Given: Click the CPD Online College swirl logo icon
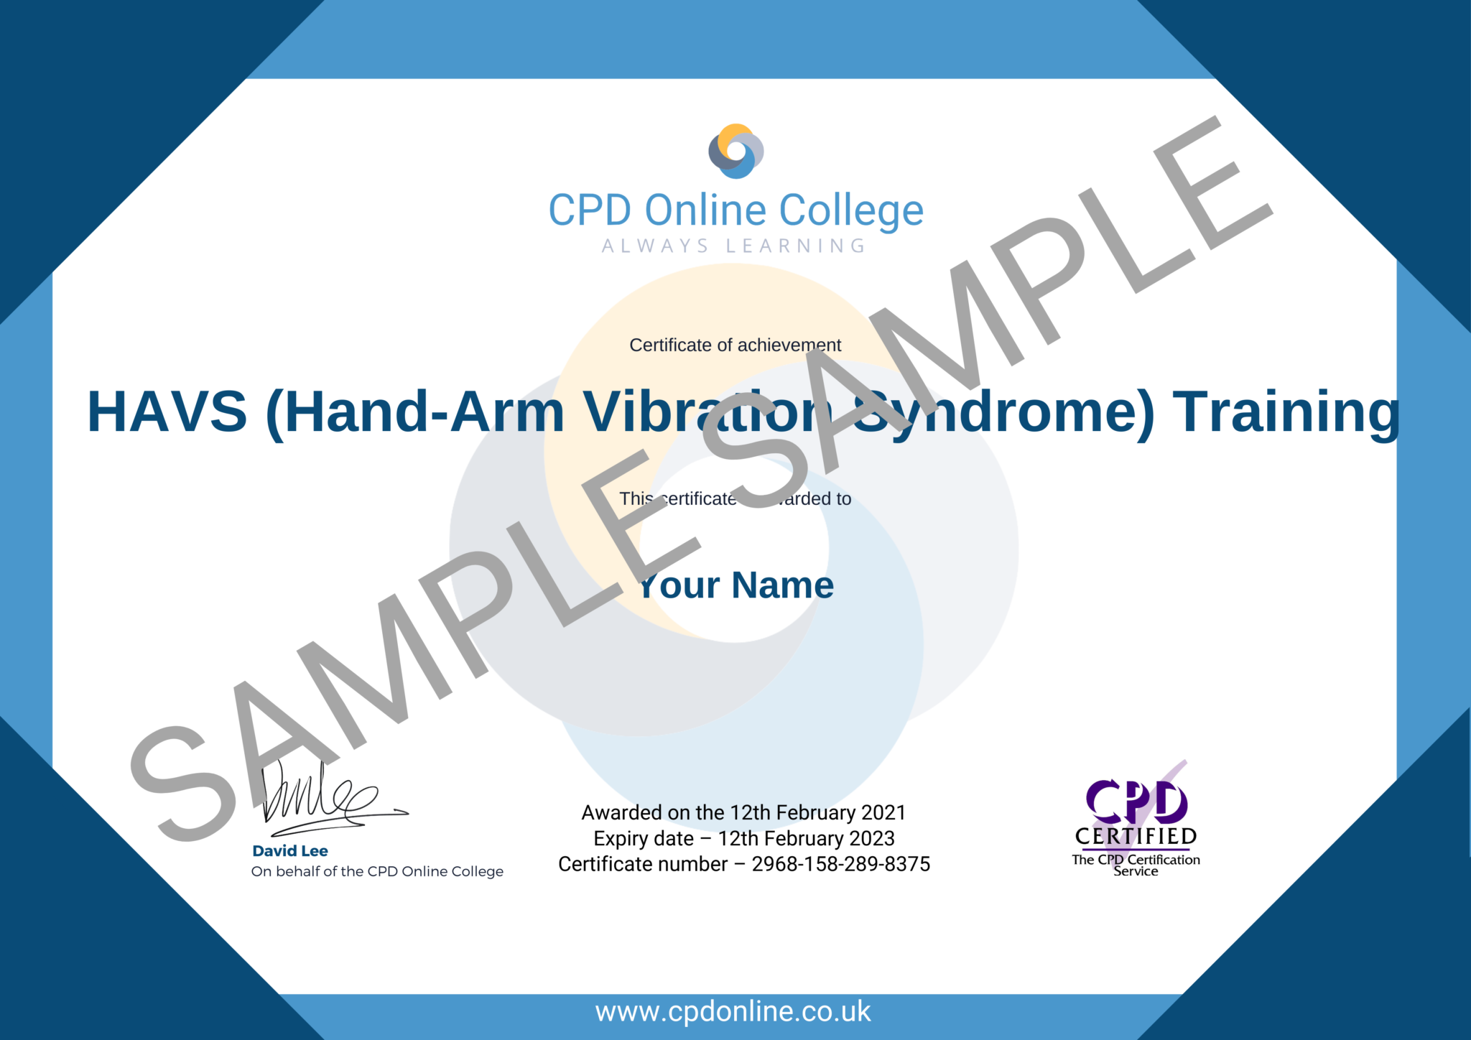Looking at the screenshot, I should click(735, 151).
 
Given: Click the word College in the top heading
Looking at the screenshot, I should click(851, 210).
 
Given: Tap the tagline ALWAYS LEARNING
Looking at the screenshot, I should click(734, 246).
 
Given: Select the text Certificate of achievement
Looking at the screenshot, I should click(735, 345).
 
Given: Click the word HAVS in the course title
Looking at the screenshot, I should click(167, 412).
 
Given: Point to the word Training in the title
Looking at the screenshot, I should click(1286, 412).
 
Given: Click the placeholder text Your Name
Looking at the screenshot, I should click(736, 585).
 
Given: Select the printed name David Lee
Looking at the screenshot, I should click(290, 851).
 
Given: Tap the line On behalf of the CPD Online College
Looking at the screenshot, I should click(377, 872).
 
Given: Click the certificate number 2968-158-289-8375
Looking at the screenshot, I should click(840, 864).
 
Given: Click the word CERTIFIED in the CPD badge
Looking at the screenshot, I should click(1136, 837).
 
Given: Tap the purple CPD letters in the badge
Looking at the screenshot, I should click(1136, 802).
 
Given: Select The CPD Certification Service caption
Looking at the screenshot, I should click(1136, 865).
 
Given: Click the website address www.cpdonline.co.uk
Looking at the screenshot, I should click(733, 1012).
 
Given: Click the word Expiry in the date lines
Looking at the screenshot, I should click(622, 839).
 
